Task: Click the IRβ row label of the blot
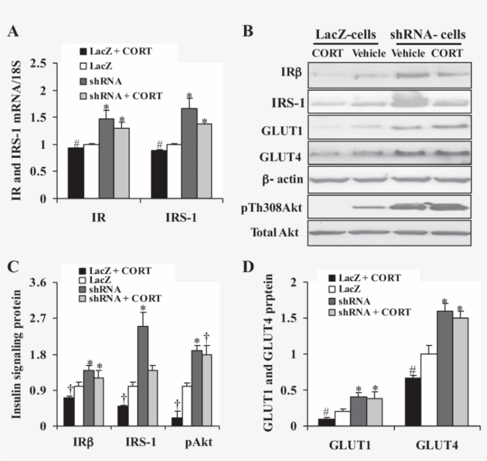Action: click(x=292, y=74)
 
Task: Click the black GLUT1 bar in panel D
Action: click(x=325, y=422)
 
